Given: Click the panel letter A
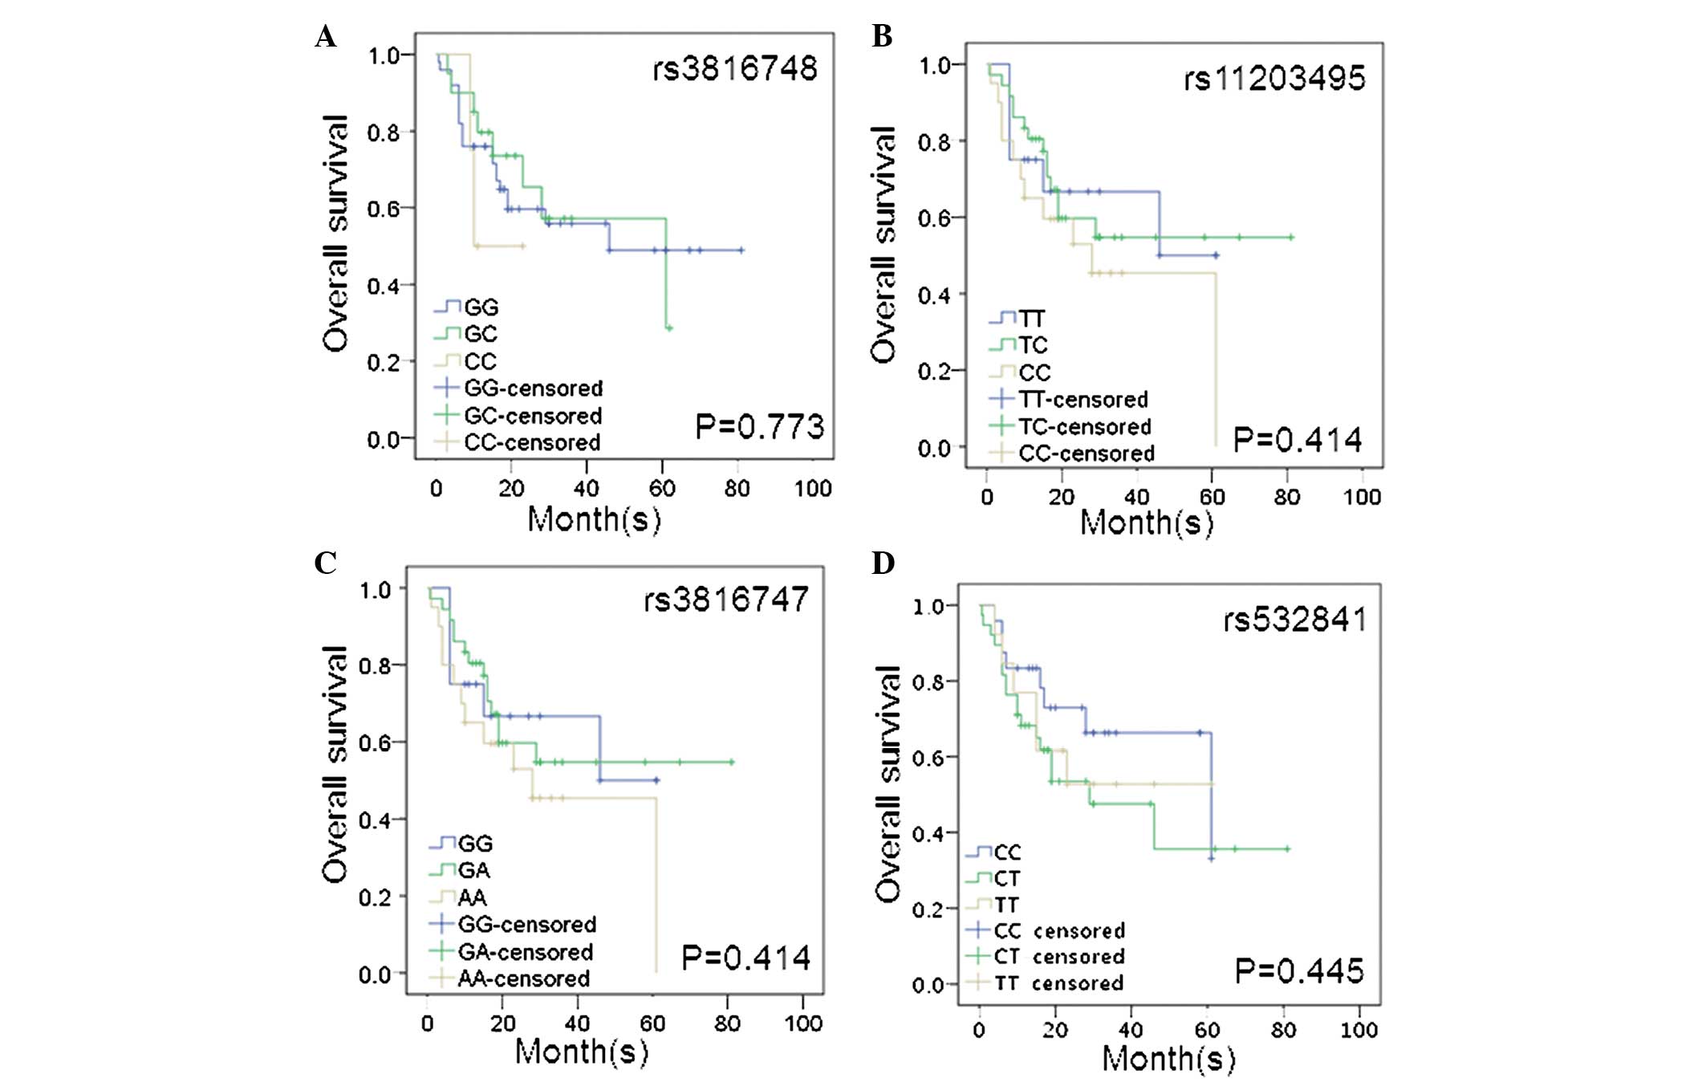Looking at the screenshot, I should coord(325,37).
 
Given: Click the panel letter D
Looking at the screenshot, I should coord(883,563).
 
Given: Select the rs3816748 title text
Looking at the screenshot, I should coord(734,69).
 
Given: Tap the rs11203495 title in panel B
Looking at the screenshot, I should coord(1274,79).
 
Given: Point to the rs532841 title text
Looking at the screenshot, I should coord(1294,620).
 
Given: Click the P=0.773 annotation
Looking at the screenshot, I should coord(759,426).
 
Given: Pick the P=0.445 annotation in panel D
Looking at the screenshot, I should coord(1298,971).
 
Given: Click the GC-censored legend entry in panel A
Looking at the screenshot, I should coord(533,416).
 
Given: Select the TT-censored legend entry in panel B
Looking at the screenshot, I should coord(1083,399).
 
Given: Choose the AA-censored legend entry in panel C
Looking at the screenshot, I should coord(523,978).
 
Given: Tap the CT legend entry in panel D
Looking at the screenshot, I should coord(1007,879).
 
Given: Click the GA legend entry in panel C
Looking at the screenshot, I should coord(473,870).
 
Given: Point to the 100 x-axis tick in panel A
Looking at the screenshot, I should coord(812,488).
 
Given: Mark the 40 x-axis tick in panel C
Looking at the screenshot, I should coord(577,1023).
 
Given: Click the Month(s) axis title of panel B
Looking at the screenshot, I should coord(1147,523).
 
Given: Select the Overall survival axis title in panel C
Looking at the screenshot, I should coord(335,764).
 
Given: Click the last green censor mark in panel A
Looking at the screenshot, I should coord(669,328).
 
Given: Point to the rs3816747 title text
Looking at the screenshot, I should coord(726,600).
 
